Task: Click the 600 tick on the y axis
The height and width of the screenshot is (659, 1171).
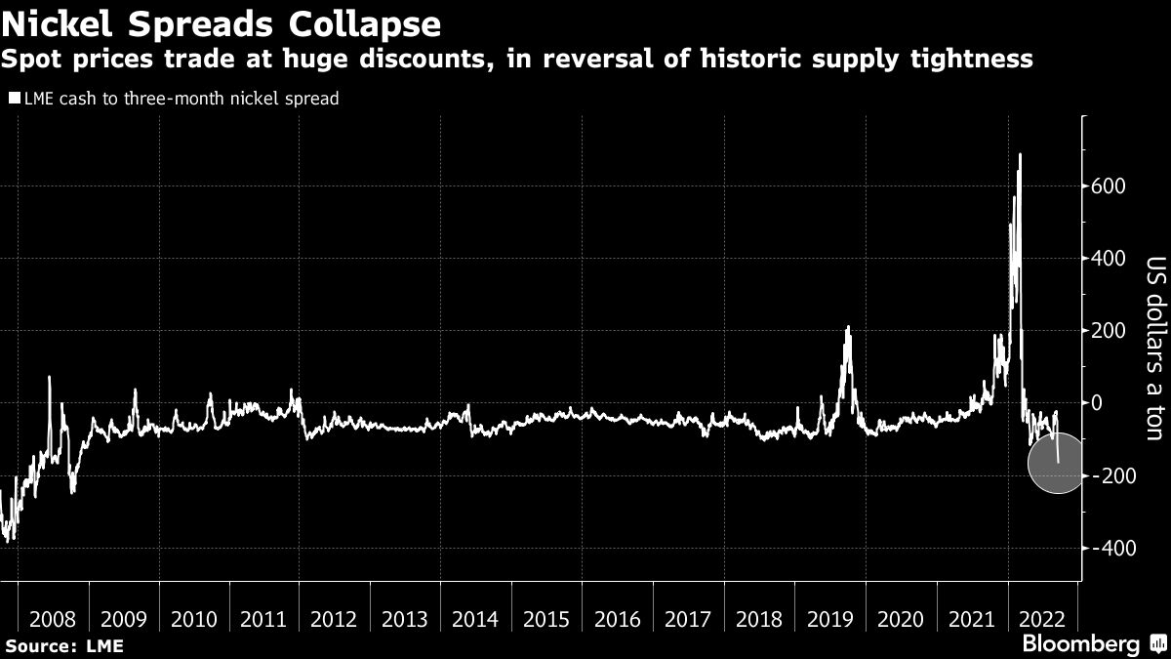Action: [x=1111, y=186]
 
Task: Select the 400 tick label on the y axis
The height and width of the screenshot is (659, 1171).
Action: [x=1111, y=259]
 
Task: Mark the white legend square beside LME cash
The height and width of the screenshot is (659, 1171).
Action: [x=14, y=99]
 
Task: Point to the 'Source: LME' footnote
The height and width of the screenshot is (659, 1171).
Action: [x=62, y=645]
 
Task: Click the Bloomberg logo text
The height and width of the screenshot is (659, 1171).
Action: [x=1079, y=643]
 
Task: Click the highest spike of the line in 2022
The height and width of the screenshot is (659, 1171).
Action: [x=1020, y=154]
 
